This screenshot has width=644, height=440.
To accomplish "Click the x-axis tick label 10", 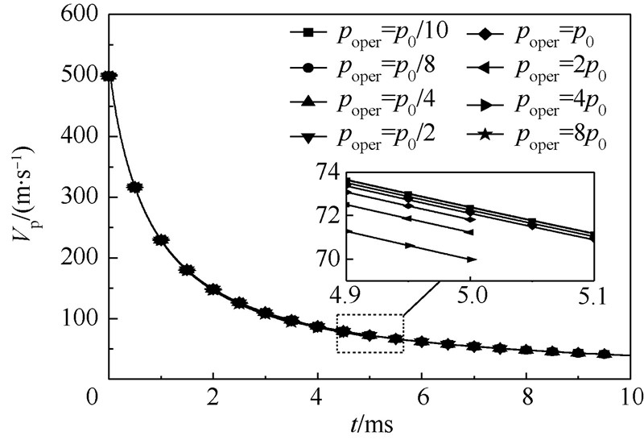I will (632, 397).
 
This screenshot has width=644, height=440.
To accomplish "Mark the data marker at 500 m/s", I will (109, 77).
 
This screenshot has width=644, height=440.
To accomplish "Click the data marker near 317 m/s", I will (135, 187).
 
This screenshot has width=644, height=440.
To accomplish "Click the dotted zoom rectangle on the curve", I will (369, 333).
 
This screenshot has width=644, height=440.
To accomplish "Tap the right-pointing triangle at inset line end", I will (472, 259).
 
